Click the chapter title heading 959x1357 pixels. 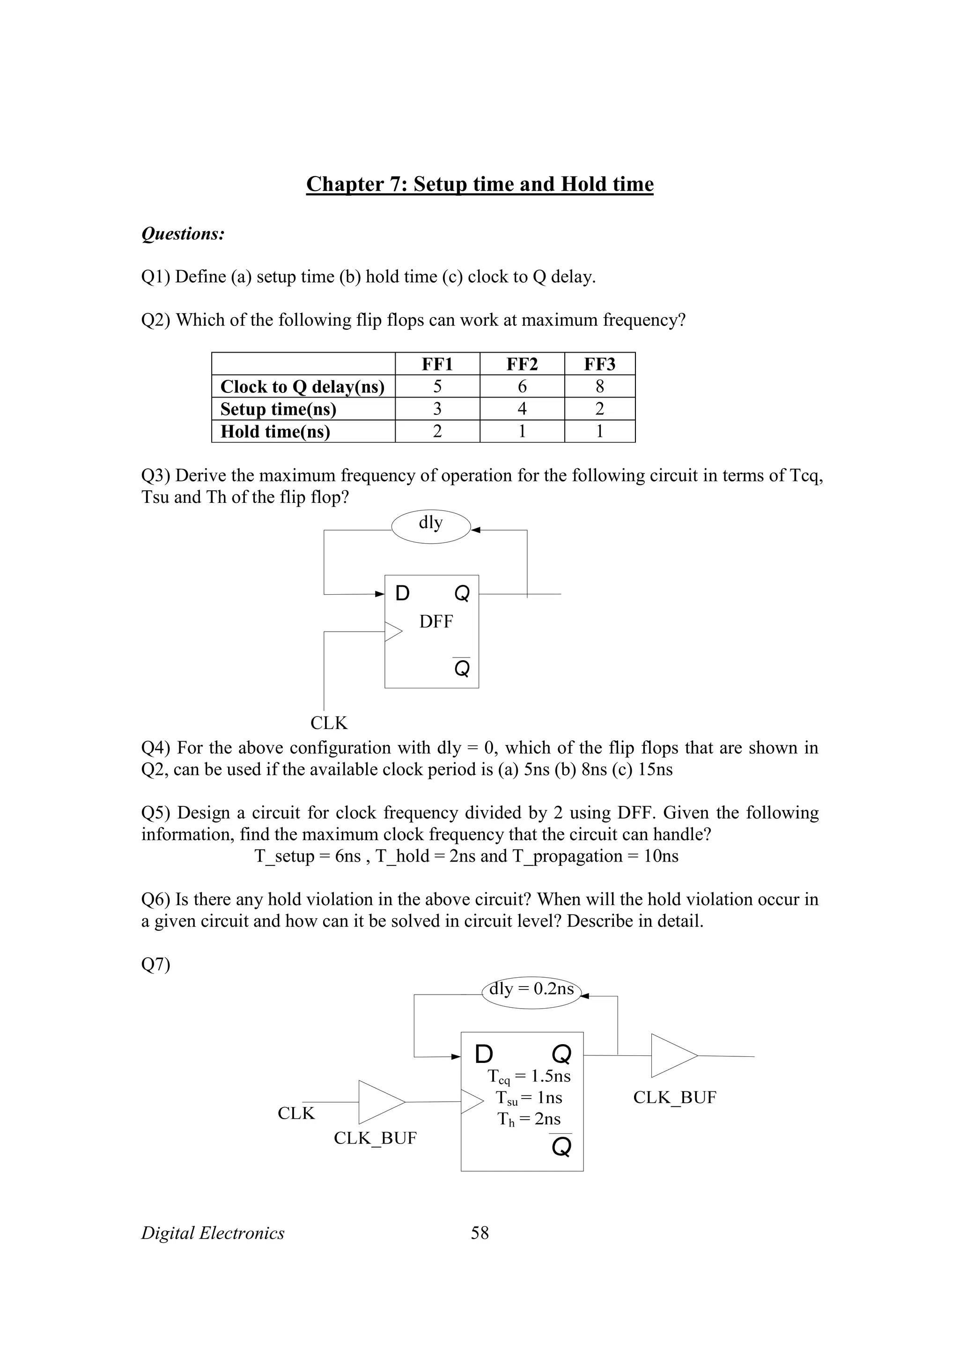tap(479, 184)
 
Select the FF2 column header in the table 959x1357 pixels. tap(522, 364)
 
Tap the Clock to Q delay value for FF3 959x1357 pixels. tap(600, 386)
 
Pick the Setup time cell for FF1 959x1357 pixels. tap(437, 409)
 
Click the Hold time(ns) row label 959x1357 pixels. tap(275, 431)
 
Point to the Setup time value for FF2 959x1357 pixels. tap(522, 409)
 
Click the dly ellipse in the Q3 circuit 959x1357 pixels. tap(431, 526)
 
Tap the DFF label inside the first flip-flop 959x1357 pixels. tap(436, 622)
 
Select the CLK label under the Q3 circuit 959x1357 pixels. tap(329, 723)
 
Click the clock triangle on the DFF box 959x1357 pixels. tap(393, 632)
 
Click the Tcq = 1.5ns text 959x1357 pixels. tap(529, 1076)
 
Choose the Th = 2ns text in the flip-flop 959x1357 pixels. tap(529, 1119)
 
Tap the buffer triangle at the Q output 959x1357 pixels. tap(673, 1055)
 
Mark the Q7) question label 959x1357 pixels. tap(155, 965)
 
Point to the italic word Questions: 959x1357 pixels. tap(183, 234)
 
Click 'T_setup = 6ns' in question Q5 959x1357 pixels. tap(307, 856)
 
